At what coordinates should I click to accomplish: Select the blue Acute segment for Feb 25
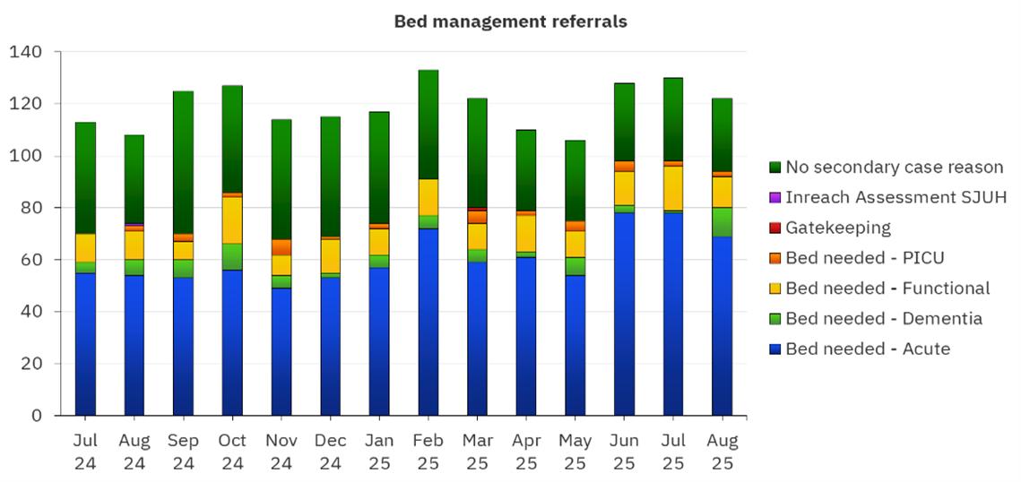(x=428, y=323)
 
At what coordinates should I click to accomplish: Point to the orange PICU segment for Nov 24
(x=281, y=247)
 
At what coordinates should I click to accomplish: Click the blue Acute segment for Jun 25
(x=625, y=314)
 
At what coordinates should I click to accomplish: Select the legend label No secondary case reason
(x=894, y=167)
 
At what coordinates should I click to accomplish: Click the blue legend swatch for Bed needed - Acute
(x=775, y=349)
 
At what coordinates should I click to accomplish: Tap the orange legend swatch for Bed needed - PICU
(x=775, y=258)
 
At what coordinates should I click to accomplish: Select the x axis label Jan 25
(x=379, y=452)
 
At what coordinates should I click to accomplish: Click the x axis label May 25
(x=575, y=452)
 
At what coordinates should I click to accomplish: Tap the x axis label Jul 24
(x=85, y=452)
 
